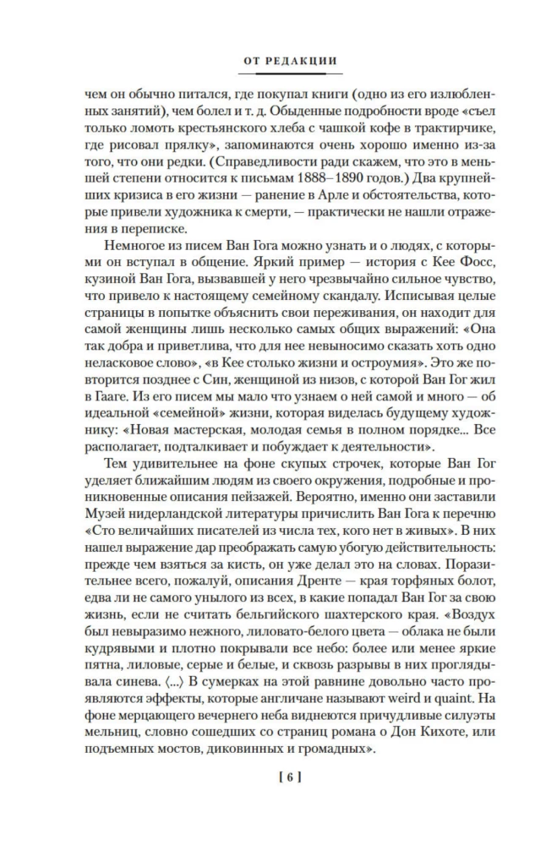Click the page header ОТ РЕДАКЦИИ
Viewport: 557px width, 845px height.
[x=277, y=61]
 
